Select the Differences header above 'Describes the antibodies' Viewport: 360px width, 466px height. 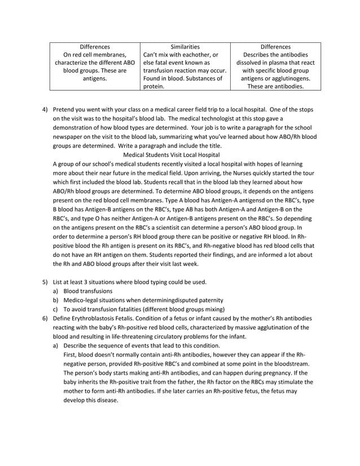tap(276, 46)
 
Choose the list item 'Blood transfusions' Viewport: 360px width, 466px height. tap(87, 291)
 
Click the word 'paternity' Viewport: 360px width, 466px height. tap(210, 300)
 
